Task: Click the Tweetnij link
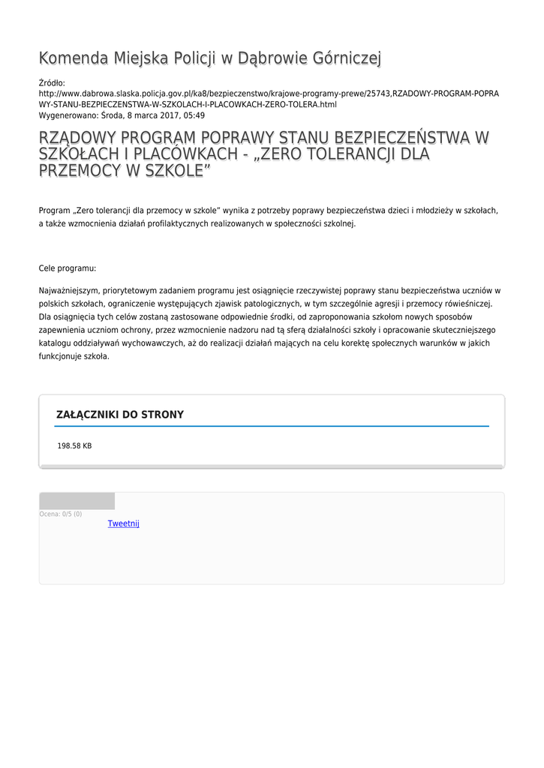(x=123, y=523)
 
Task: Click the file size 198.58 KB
(x=74, y=446)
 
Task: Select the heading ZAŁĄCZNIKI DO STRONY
(x=120, y=415)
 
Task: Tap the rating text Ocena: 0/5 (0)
(x=61, y=514)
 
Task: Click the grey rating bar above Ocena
(x=77, y=501)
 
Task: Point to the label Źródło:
(x=52, y=82)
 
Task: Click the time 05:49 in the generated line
(x=194, y=116)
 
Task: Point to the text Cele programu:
(x=68, y=268)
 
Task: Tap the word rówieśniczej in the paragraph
(x=467, y=303)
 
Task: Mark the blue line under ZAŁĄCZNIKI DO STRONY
(x=272, y=426)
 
